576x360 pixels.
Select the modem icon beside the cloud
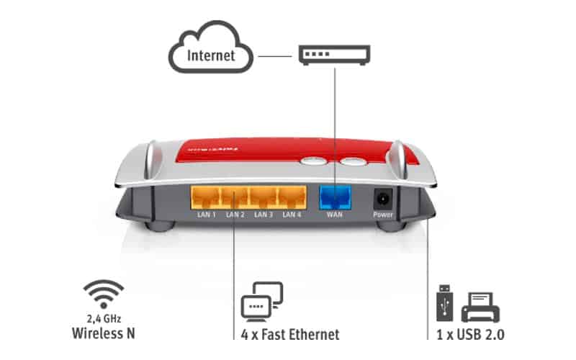(x=335, y=54)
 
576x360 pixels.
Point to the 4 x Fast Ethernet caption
(x=290, y=334)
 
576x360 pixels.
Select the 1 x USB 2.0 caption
(x=471, y=334)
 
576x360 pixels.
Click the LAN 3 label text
(x=263, y=215)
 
